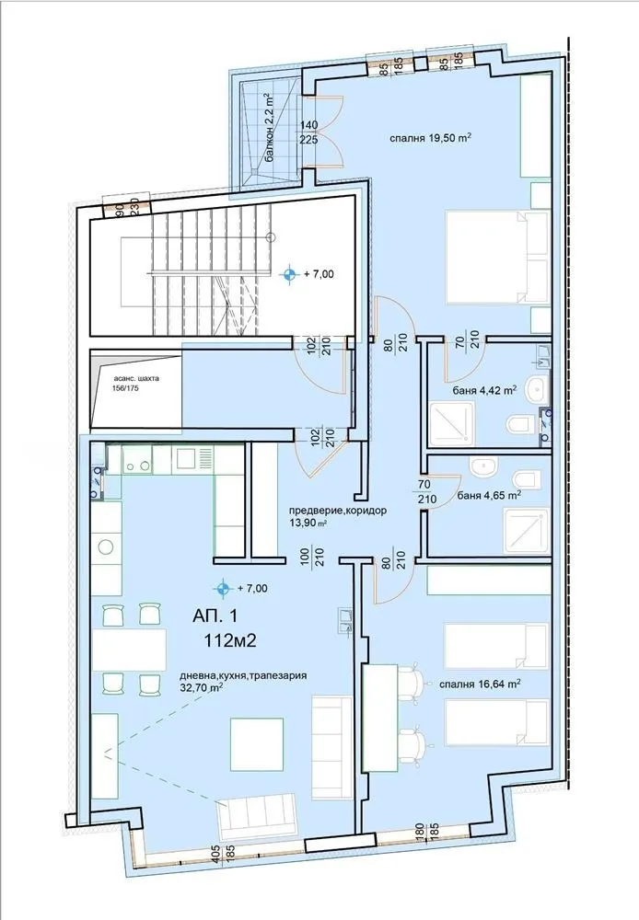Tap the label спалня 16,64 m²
[x=478, y=684]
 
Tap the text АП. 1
[x=215, y=617]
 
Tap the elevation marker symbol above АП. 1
[x=222, y=588]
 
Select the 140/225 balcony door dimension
[x=308, y=132]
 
